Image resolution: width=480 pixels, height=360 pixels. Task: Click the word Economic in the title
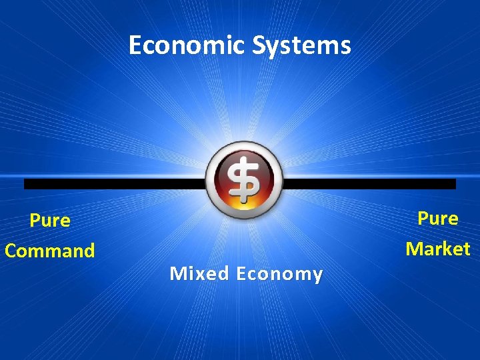click(x=187, y=45)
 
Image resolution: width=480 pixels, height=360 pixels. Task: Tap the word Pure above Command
click(x=50, y=221)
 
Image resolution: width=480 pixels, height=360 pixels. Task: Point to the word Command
click(x=50, y=251)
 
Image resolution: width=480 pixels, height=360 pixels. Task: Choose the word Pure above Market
click(x=438, y=219)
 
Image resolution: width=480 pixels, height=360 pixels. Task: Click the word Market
click(x=438, y=249)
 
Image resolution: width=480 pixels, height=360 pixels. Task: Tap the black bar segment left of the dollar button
click(x=113, y=184)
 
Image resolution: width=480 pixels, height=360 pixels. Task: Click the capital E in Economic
click(x=135, y=45)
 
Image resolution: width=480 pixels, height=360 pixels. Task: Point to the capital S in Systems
click(x=259, y=45)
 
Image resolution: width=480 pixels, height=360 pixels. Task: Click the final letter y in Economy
click(x=317, y=275)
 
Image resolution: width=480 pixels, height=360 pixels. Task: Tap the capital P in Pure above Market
click(x=423, y=219)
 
